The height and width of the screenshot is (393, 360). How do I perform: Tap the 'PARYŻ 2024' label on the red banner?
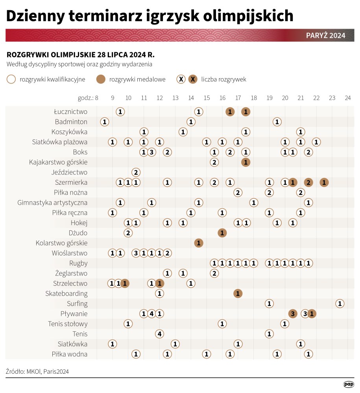pyautogui.click(x=325, y=35)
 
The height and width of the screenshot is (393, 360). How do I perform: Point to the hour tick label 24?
pyautogui.click(x=347, y=98)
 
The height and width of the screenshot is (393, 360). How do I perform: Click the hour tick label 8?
pyautogui.click(x=96, y=98)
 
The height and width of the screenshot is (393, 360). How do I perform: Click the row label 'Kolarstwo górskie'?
pyautogui.click(x=61, y=243)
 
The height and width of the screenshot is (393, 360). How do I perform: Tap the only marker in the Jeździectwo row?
pyautogui.click(x=136, y=172)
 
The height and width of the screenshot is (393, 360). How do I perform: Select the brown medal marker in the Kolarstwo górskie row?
pyautogui.click(x=199, y=243)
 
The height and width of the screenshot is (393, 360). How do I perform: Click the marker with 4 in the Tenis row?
pyautogui.click(x=159, y=334)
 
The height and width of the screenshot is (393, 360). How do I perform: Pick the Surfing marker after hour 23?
pyautogui.click(x=340, y=303)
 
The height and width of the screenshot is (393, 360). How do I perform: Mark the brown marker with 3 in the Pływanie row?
pyautogui.click(x=293, y=314)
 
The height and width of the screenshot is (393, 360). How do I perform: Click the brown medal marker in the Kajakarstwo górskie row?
pyautogui.click(x=246, y=162)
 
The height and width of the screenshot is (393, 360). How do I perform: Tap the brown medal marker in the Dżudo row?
pyautogui.click(x=222, y=233)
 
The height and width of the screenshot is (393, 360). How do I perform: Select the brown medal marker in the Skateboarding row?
pyautogui.click(x=238, y=293)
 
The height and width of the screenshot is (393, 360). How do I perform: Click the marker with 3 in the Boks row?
pyautogui.click(x=151, y=152)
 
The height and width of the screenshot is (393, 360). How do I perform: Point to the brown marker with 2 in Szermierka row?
pyautogui.click(x=308, y=182)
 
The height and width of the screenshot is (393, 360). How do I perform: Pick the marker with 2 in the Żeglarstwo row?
pyautogui.click(x=214, y=273)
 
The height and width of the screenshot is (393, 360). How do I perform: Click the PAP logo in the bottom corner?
pyautogui.click(x=348, y=384)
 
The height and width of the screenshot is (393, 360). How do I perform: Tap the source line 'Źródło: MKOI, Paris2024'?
pyautogui.click(x=35, y=371)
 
